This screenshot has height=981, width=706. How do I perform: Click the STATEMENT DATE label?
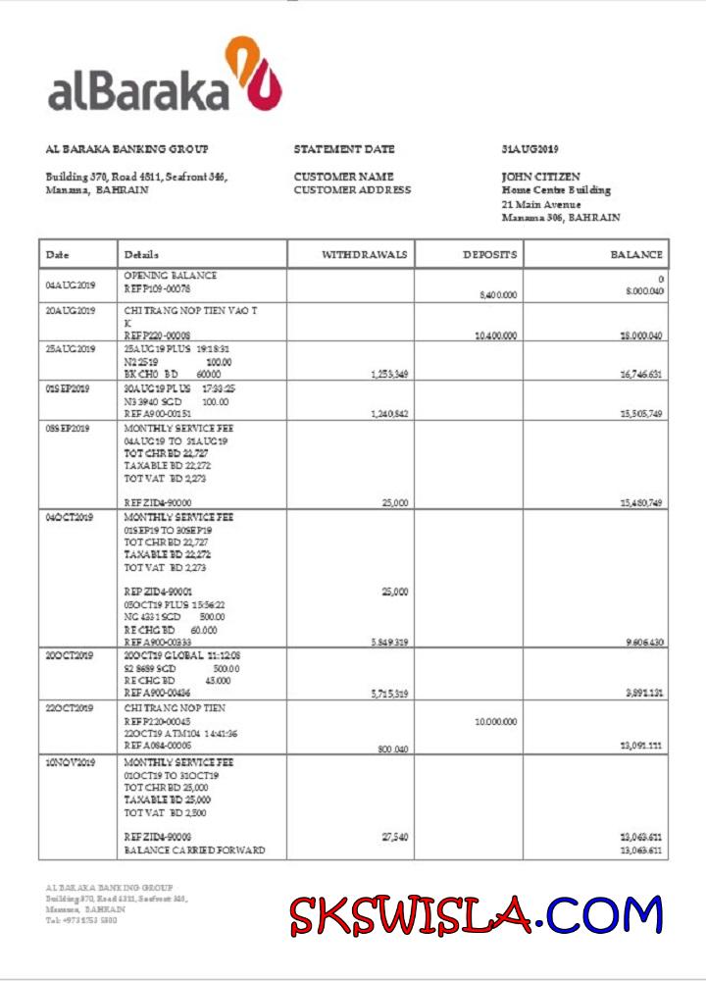pos(344,149)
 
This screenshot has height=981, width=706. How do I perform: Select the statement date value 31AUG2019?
pos(529,149)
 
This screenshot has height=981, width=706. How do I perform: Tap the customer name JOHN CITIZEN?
pos(540,177)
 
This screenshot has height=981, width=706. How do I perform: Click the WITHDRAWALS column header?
pos(365,254)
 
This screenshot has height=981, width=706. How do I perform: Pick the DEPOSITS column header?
pos(489,254)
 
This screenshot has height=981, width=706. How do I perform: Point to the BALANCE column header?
pos(636,254)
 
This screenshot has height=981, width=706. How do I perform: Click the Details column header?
pos(142,255)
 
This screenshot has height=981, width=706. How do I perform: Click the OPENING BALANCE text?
pos(171,276)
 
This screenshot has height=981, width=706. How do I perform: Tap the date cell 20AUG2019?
pos(71,312)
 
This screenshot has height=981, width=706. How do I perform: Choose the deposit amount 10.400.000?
pos(495,336)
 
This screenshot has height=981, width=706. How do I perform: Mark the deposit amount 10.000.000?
pos(495,721)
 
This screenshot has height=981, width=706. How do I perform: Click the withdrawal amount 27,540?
pos(394,837)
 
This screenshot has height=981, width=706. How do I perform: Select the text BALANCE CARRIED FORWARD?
pos(194,851)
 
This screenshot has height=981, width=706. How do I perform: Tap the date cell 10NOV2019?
pos(71,762)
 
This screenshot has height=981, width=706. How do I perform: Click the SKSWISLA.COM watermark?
pos(476,915)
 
